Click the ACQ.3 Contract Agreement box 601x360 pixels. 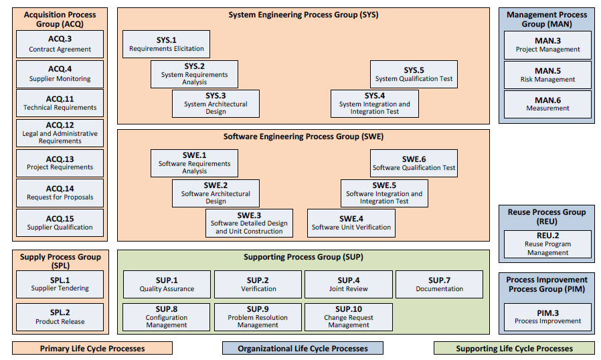(x=60, y=44)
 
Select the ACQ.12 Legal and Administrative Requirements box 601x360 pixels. (x=60, y=133)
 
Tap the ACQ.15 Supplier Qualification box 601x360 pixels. (x=60, y=223)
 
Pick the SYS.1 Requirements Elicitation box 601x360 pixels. (x=166, y=44)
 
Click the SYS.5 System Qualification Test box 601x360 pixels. (x=414, y=74)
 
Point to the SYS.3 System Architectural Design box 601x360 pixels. (x=216, y=104)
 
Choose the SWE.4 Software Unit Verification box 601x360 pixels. (x=351, y=223)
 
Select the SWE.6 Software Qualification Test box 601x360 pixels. (x=414, y=163)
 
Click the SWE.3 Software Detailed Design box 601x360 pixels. (x=249, y=223)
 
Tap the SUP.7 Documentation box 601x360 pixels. (x=439, y=284)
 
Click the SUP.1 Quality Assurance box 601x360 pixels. (x=167, y=284)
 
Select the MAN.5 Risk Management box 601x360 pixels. (x=547, y=75)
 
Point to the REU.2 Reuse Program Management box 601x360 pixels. (x=547, y=244)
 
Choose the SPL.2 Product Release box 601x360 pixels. (x=60, y=317)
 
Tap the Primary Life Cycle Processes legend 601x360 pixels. (x=92, y=348)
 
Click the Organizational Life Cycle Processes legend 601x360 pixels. (x=303, y=348)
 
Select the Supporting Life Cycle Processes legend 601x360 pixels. (x=514, y=348)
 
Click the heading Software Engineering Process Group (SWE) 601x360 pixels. (x=303, y=137)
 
